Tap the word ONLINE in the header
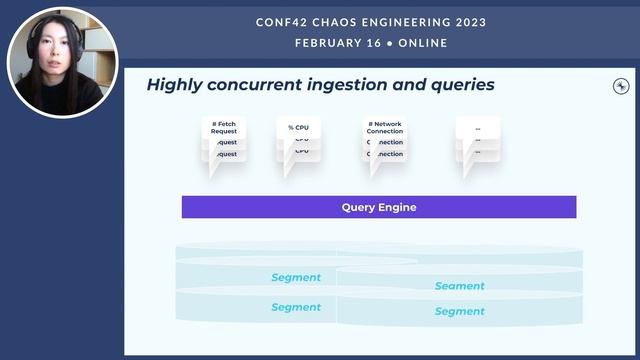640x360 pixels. (423, 43)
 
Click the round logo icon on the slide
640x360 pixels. (620, 87)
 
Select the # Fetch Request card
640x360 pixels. (223, 129)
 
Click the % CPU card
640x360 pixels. (298, 128)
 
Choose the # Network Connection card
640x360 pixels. (384, 129)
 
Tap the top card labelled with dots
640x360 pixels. (477, 128)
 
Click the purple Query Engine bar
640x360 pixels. (378, 207)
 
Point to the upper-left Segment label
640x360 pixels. (296, 277)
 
